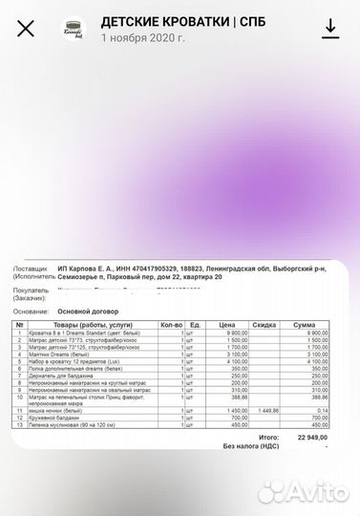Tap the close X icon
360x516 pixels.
[x=26, y=28]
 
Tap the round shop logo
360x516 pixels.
[x=74, y=28]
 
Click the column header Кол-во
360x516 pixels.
[x=172, y=325]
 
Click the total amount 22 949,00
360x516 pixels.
[x=311, y=436]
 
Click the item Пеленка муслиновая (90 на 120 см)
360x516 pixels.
[x=73, y=424]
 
